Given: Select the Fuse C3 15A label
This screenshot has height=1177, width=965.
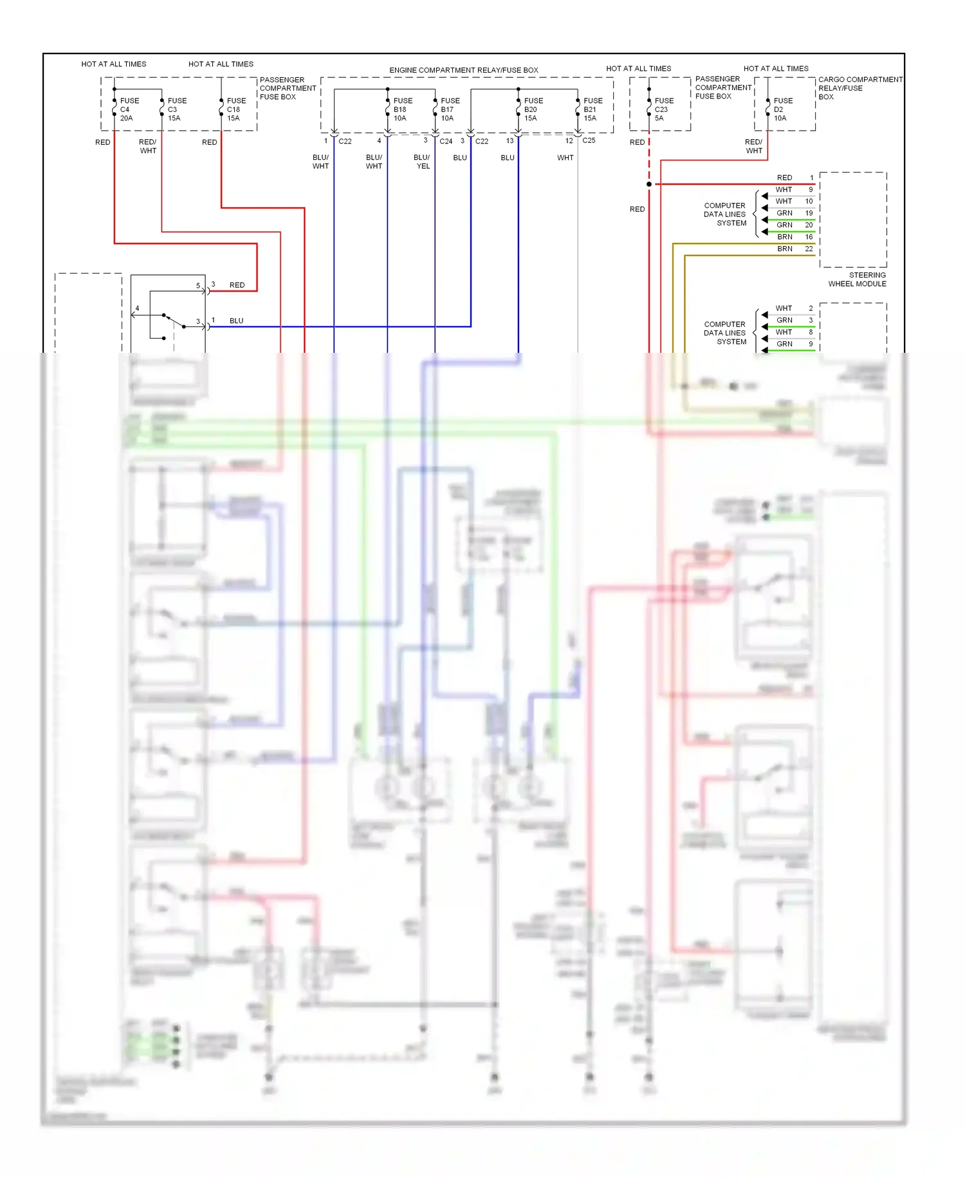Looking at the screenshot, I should [x=176, y=109].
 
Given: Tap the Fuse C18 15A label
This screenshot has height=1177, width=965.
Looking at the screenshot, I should [x=235, y=109].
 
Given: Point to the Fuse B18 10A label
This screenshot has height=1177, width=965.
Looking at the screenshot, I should [x=402, y=109].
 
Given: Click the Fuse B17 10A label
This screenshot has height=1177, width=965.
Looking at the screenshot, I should [x=450, y=109].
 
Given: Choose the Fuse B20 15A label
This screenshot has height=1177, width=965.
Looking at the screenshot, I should [x=533, y=109].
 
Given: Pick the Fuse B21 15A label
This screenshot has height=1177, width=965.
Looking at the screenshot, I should [x=592, y=109].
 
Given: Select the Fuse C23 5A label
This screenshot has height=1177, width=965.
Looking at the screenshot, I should [x=663, y=109].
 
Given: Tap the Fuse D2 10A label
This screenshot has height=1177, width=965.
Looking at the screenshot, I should [x=782, y=109].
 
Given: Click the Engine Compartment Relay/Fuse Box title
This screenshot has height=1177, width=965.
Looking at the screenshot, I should [x=463, y=70].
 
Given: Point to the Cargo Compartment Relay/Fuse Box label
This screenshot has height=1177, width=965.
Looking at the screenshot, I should [x=859, y=88].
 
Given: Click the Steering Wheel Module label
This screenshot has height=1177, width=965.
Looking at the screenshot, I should [x=858, y=279].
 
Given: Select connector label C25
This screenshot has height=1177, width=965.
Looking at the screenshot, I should [x=589, y=140].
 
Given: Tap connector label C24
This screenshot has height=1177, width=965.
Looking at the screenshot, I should [x=446, y=141].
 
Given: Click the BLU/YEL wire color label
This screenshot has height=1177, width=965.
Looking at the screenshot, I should [x=422, y=162].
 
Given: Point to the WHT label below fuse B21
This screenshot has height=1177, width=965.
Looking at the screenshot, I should [x=565, y=158].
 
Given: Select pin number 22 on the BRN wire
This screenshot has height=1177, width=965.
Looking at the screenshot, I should [x=809, y=249].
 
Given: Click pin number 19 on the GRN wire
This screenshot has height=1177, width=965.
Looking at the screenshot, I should [x=809, y=213].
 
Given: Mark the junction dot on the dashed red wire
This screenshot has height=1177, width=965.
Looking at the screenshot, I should [x=649, y=184].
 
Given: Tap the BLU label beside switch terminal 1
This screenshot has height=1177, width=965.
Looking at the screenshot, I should [x=236, y=321].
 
